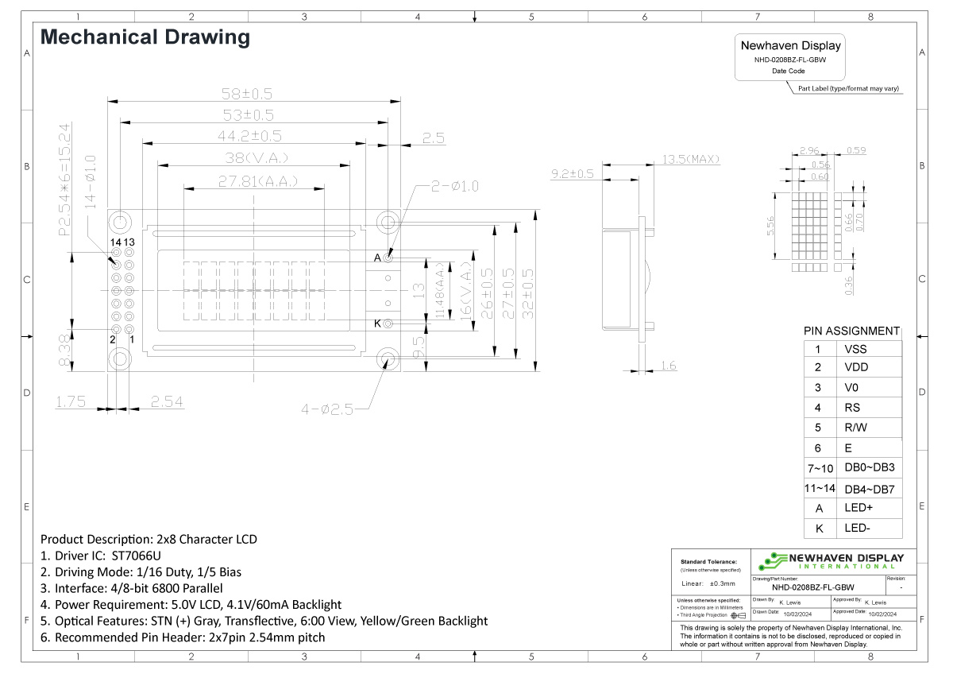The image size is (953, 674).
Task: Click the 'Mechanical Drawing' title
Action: pyautogui.click(x=145, y=37)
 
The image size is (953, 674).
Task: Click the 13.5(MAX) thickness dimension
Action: pyautogui.click(x=690, y=159)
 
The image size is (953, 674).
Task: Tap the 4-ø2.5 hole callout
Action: pyautogui.click(x=326, y=410)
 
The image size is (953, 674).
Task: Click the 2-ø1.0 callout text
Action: pyautogui.click(x=454, y=187)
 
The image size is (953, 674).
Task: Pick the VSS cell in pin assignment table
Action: pyautogui.click(x=855, y=349)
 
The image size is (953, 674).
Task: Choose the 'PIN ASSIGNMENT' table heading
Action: pyautogui.click(x=851, y=331)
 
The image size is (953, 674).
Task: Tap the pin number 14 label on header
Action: pyautogui.click(x=116, y=242)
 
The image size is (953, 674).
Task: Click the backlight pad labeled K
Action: pyautogui.click(x=388, y=323)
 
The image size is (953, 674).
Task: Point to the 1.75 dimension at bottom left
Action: pyautogui.click(x=71, y=402)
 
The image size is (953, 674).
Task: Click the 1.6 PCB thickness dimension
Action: pyautogui.click(x=668, y=366)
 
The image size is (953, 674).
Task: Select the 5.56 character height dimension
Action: pyautogui.click(x=771, y=227)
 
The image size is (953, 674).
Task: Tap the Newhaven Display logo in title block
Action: pyautogui.click(x=831, y=561)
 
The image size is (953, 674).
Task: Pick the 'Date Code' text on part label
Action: pyautogui.click(x=788, y=72)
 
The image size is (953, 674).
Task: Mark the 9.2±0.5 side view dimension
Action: pyautogui.click(x=573, y=174)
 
